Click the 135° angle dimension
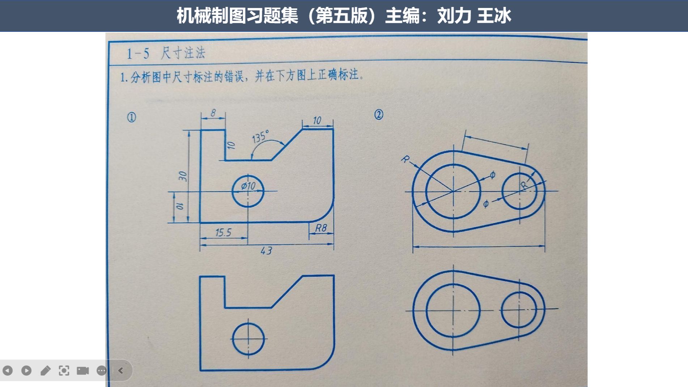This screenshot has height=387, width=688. tap(260, 137)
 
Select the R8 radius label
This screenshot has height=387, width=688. tap(321, 228)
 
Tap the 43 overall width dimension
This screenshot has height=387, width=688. tap(266, 251)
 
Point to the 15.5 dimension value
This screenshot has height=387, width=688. tap(223, 233)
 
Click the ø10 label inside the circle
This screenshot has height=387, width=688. tap(249, 186)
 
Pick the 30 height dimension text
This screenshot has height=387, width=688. tap(183, 176)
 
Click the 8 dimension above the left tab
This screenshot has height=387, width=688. tap(213, 113)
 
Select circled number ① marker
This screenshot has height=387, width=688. tap(132, 117)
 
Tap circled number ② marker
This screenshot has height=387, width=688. tap(378, 115)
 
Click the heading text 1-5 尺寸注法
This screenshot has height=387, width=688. tap(166, 53)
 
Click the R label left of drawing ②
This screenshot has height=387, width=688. tap(405, 159)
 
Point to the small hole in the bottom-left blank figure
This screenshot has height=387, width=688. tap(249, 339)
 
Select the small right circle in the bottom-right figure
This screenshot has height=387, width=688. tap(519, 310)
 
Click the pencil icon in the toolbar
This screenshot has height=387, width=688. tap(45, 370)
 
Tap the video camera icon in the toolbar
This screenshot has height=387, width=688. tap(83, 370)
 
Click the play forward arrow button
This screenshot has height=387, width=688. tap(26, 370)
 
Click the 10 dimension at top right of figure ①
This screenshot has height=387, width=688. tap(317, 120)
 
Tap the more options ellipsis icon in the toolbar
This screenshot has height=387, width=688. tap(102, 370)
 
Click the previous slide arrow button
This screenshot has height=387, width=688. tap(8, 370)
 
